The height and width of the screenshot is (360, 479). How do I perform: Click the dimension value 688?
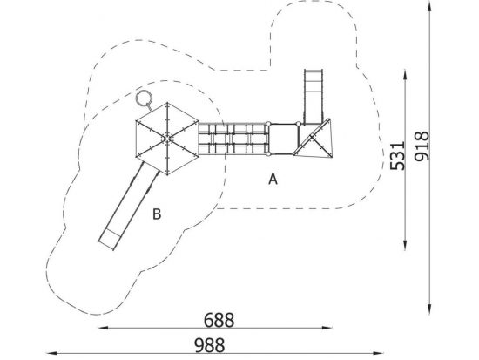[219, 320]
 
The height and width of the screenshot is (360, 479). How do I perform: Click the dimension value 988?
[210, 345]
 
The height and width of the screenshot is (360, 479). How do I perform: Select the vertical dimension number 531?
[398, 155]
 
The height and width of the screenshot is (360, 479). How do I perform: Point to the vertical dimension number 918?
[422, 146]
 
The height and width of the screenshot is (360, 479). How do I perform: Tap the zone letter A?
[273, 180]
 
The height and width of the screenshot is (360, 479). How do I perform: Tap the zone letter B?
[157, 214]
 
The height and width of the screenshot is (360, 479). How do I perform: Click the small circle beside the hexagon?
[144, 98]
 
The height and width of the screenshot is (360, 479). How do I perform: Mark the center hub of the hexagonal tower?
[167, 139]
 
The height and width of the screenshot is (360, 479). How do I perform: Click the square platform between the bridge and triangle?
[283, 139]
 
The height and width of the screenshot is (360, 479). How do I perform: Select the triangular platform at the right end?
[314, 139]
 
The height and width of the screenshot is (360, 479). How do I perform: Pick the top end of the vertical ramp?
[314, 71]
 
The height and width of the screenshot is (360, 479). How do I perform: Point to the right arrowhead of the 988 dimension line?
[379, 353]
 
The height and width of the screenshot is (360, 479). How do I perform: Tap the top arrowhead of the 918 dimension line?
[429, 6]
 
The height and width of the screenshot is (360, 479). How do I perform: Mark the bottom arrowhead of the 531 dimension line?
[405, 245]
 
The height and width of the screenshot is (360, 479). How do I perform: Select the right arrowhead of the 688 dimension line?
[327, 328]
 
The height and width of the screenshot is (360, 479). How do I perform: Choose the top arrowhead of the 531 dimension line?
[405, 75]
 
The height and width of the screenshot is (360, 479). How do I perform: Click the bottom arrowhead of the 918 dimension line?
[429, 309]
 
